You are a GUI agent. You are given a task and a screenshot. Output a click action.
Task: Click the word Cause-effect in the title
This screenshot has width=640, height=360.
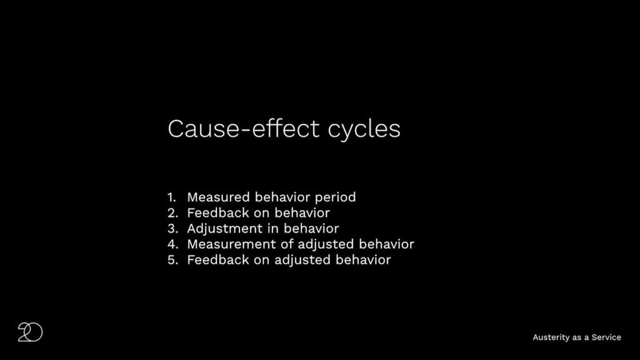tap(243, 129)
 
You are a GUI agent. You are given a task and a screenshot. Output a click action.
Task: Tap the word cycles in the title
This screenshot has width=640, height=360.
tap(364, 131)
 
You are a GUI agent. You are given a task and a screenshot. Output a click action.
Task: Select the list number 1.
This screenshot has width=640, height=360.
tap(171, 197)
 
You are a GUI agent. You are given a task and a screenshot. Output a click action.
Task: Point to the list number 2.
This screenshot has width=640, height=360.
tap(172, 213)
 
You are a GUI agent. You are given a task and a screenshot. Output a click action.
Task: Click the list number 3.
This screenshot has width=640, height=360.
tap(172, 229)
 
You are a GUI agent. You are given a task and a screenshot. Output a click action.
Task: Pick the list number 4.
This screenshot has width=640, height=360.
tap(172, 244)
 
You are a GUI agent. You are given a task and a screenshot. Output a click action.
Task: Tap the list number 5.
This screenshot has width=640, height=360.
tap(172, 260)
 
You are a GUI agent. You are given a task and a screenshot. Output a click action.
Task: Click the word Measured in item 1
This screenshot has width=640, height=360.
tap(218, 197)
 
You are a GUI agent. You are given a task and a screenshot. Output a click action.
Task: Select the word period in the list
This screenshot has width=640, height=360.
tap(335, 198)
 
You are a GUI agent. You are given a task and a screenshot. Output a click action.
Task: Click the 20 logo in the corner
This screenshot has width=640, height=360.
tap(30, 332)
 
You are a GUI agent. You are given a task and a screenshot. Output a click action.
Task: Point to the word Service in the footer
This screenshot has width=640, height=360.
tap(606, 337)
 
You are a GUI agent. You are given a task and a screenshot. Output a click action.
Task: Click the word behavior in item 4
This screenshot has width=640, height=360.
tap(386, 244)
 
